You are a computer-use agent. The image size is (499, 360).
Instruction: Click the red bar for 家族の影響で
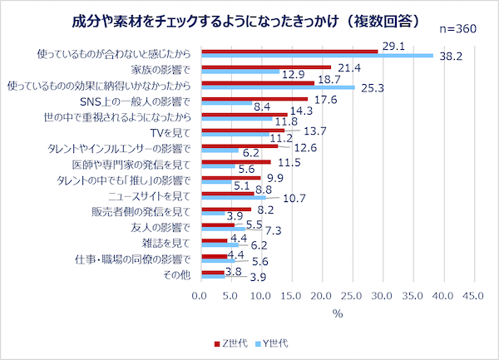[265, 67]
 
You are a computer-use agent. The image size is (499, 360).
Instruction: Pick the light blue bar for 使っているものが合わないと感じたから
[317, 56]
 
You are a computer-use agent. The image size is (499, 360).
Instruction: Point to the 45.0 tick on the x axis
[474, 295]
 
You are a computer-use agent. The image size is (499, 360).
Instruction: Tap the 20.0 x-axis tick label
[322, 295]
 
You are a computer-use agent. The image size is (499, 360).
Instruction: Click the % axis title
[337, 313]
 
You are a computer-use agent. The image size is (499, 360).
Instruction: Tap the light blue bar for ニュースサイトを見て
[233, 198]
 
